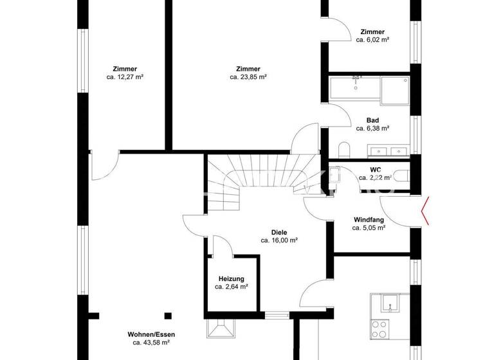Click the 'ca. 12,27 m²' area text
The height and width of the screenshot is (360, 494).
[x=124, y=77]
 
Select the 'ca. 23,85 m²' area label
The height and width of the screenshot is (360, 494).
[x=248, y=77]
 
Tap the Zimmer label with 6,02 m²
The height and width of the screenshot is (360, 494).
[x=372, y=32]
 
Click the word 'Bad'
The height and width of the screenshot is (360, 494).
[x=372, y=120]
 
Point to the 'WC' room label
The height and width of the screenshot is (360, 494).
[x=375, y=170]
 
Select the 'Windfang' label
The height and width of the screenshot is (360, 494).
[x=369, y=219]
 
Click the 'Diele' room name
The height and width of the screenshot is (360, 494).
[x=279, y=232]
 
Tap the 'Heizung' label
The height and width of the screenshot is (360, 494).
[x=232, y=278]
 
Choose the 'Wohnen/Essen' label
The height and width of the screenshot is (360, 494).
[x=151, y=334]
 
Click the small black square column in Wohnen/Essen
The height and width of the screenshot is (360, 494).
[x=168, y=315]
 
